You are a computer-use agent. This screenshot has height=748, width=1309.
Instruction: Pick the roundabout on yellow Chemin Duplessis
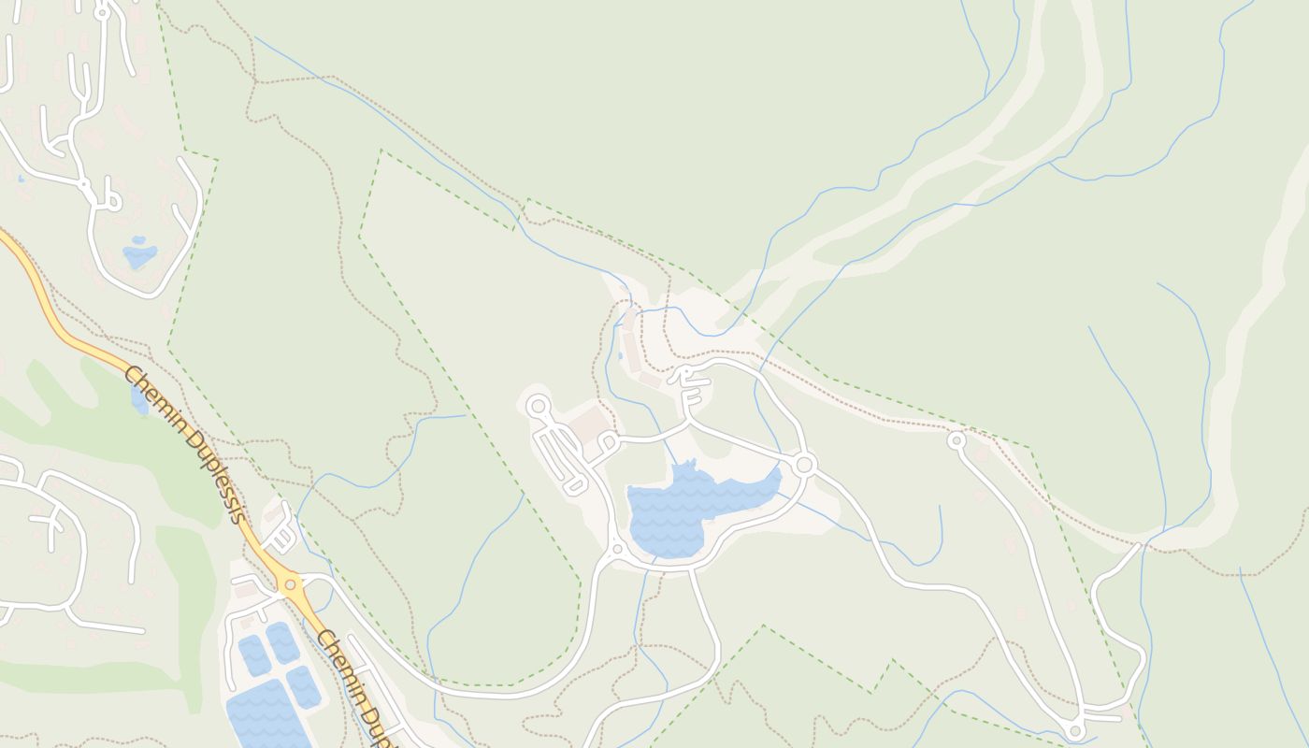(292, 585)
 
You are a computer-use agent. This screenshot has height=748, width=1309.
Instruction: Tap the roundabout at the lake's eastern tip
(804, 465)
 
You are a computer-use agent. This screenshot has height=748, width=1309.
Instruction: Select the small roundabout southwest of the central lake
(616, 549)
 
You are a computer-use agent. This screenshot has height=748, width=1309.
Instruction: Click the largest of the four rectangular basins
(267, 715)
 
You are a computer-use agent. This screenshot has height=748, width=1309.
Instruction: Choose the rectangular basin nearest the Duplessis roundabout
(282, 642)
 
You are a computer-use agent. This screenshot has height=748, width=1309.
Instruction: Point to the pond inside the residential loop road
(139, 253)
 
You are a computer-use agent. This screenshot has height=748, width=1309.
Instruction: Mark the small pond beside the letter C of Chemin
(139, 400)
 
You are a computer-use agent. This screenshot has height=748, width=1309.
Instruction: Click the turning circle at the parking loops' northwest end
(538, 406)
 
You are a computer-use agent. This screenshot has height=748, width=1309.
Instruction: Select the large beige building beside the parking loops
(589, 425)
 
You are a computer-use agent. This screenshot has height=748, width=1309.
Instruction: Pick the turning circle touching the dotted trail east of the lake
(957, 439)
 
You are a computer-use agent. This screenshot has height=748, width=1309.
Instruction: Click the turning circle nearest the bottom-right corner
(1075, 729)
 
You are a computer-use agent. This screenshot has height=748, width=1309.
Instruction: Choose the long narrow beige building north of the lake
(633, 352)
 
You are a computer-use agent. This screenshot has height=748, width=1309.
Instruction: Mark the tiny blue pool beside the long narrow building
(620, 355)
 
